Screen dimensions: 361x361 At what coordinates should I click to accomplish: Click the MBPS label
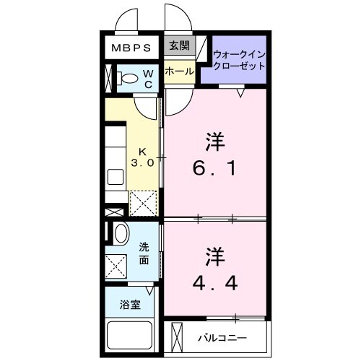130,49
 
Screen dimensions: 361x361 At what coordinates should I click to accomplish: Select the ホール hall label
178,71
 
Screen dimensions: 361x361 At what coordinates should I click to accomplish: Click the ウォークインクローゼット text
239,59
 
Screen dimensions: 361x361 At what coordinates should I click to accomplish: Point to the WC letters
147,77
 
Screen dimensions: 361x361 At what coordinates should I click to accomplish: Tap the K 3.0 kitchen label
142,157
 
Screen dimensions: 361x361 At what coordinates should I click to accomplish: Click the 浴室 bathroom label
130,304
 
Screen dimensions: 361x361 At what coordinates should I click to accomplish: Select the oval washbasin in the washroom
121,232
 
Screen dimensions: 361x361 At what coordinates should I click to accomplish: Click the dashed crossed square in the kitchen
143,203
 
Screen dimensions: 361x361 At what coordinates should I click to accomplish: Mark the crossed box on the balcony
175,337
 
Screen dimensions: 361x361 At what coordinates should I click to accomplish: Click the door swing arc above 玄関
175,19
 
